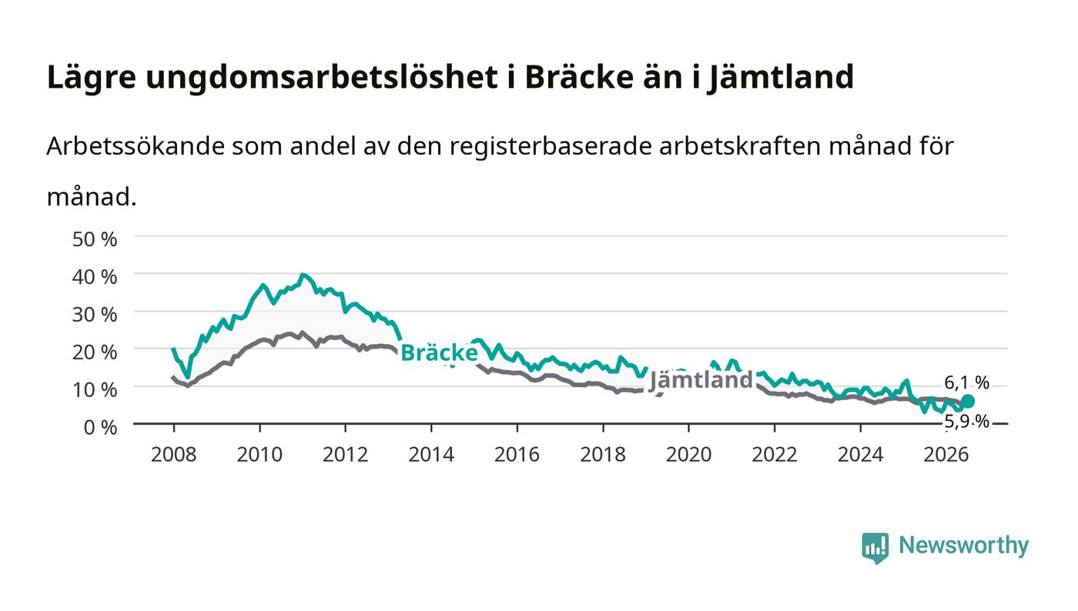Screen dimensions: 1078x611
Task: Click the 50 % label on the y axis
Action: [x=94, y=239]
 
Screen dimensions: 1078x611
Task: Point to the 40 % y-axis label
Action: [x=94, y=276]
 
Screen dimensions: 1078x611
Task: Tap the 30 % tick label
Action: [x=94, y=314]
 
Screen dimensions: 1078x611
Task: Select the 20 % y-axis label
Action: [x=94, y=352]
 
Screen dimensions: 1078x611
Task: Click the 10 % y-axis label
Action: [x=94, y=389]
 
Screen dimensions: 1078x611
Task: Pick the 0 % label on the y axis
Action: [x=100, y=427]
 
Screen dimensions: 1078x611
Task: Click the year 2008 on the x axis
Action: [x=174, y=454]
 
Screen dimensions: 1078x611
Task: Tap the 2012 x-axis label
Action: [x=345, y=454]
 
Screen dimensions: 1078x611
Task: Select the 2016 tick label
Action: [x=517, y=454]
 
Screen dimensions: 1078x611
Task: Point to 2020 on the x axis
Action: [x=688, y=454]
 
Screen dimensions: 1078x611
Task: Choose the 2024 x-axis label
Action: [x=861, y=454]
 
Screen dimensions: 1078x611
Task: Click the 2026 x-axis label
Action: [x=946, y=454]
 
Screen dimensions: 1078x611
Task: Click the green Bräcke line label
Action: [x=439, y=352]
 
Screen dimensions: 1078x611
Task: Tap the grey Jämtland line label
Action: [x=701, y=380]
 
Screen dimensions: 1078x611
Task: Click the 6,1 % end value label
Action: [x=966, y=383]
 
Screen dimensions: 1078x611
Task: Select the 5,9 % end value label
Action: [x=966, y=422]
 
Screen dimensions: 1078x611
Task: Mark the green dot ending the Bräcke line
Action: [x=967, y=401]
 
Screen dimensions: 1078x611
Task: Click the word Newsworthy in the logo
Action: [x=963, y=545]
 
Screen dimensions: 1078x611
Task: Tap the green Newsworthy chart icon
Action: [x=875, y=548]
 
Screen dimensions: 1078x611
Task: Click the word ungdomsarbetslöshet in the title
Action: [x=322, y=77]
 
